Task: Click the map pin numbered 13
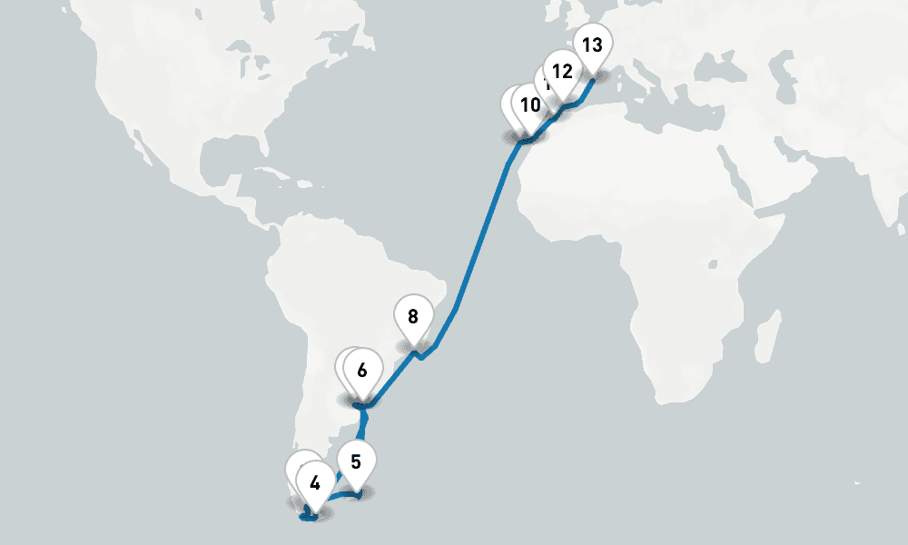592,45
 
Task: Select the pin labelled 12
562,71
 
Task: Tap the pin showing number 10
530,105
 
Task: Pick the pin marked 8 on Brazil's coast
413,317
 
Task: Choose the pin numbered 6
362,371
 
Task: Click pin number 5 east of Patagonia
356,461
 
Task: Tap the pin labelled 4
314,482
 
